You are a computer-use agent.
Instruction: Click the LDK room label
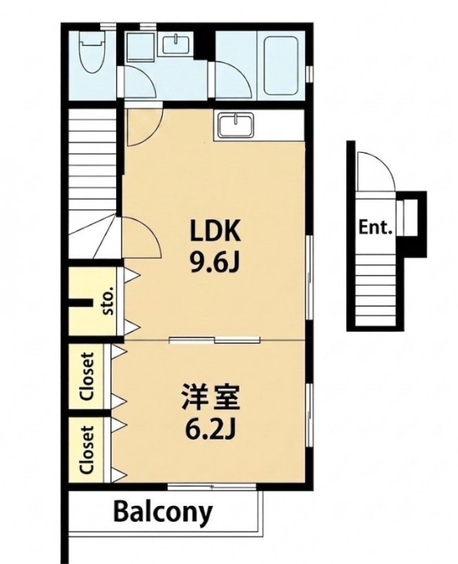pos(215,231)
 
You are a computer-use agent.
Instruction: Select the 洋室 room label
pos(210,398)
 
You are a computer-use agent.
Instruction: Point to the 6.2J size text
pos(210,429)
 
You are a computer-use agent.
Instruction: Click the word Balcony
pos(163,513)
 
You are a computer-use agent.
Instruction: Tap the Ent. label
pos(376,228)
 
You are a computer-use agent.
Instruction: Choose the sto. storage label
pos(108,301)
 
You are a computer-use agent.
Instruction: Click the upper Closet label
pos(87,376)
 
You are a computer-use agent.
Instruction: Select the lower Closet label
pos(87,450)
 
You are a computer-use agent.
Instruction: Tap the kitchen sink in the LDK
pos(235,125)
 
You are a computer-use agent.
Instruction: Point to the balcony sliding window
pos(212,486)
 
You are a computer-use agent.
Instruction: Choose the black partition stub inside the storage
pos(79,303)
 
